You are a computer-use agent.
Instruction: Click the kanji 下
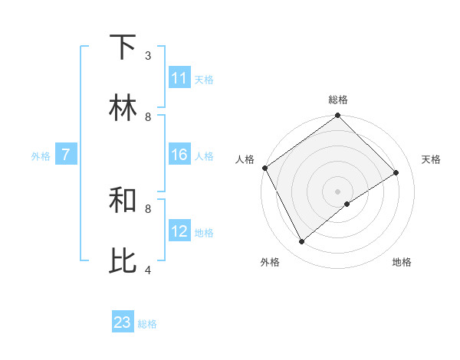(x=123, y=48)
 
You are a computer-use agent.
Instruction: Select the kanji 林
(x=123, y=109)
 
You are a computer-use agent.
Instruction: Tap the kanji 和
(x=123, y=201)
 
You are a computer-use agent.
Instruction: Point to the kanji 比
(x=123, y=261)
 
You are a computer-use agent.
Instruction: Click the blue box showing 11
(x=179, y=78)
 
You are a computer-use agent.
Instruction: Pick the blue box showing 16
(x=179, y=155)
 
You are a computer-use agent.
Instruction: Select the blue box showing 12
(x=179, y=231)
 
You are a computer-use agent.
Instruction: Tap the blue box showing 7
(x=66, y=155)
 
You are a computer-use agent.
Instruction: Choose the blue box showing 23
(x=123, y=322)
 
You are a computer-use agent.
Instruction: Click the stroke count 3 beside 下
(x=148, y=56)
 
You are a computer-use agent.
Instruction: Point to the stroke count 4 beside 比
(x=148, y=270)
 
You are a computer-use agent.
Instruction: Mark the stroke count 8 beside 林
(x=148, y=117)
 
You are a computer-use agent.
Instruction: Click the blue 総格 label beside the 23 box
(x=147, y=324)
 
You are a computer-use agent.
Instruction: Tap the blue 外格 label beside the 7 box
(x=41, y=156)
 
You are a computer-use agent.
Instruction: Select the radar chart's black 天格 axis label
(x=431, y=159)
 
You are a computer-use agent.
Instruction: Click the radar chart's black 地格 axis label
(x=402, y=262)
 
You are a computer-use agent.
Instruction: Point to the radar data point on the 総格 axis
(x=338, y=116)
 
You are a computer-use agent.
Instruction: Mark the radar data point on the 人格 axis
(x=264, y=168)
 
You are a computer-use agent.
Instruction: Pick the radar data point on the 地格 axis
(x=347, y=204)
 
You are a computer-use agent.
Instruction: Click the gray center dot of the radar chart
(x=338, y=191)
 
